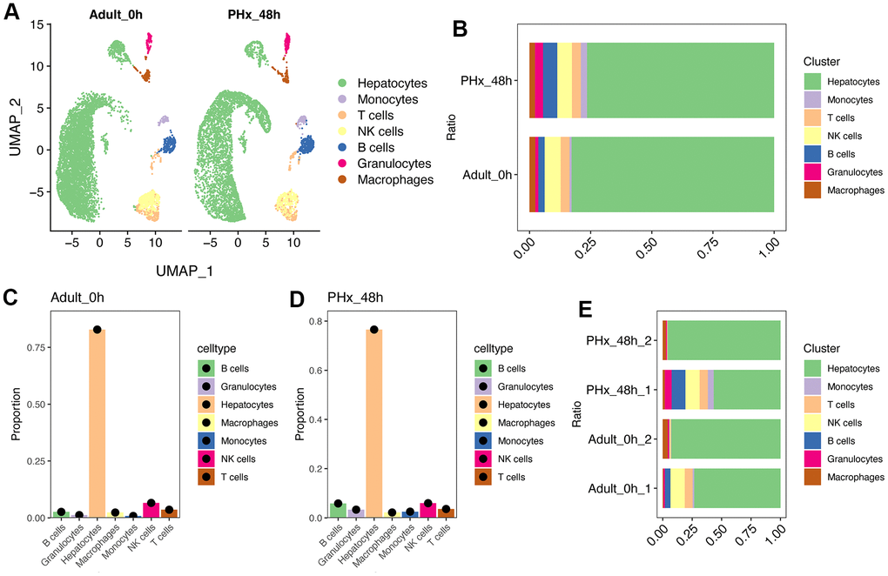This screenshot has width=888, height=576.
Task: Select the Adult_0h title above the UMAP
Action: [x=115, y=15]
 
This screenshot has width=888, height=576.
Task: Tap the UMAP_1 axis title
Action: [x=184, y=271]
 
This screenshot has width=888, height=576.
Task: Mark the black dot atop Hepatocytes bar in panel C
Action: [x=98, y=330]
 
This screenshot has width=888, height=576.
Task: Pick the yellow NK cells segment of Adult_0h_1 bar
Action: [x=677, y=487]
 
